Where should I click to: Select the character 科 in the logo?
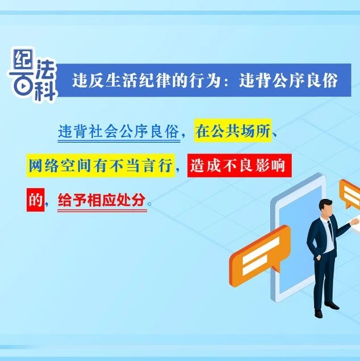[x=45, y=90]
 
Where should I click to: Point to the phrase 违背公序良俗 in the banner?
[x=288, y=80]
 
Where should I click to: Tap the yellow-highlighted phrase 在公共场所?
[x=233, y=130]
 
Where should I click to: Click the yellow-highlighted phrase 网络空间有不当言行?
[x=101, y=165]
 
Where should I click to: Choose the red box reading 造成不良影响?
[x=240, y=165]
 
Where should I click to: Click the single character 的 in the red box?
[x=36, y=200]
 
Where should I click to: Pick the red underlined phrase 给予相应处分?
[x=102, y=200]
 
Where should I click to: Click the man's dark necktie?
[x=330, y=230]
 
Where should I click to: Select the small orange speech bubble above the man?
[x=350, y=194]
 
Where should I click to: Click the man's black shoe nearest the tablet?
[x=319, y=313]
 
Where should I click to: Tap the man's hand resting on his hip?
[x=318, y=258]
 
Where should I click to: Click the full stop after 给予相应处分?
[x=150, y=204]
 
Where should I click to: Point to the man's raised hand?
[x=355, y=222]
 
